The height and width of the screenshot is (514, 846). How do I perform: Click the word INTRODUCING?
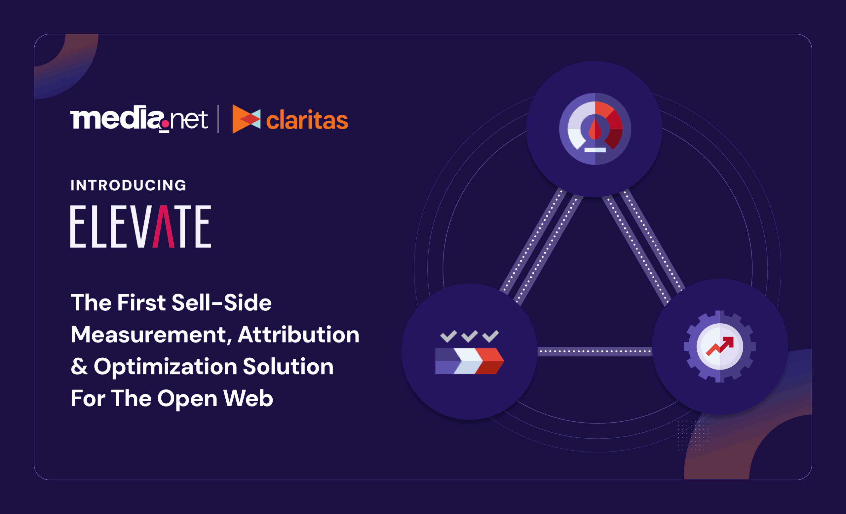pyautogui.click(x=129, y=185)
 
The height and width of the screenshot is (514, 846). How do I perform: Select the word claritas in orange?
pyautogui.click(x=307, y=120)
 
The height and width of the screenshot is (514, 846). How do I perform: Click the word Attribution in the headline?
pyautogui.click(x=298, y=335)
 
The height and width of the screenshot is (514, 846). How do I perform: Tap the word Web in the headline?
pyautogui.click(x=248, y=398)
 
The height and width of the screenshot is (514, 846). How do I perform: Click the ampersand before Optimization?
pyautogui.click(x=79, y=366)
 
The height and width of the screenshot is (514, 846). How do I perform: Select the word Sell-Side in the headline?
pyautogui.click(x=221, y=303)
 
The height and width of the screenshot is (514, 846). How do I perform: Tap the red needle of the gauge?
pyautogui.click(x=595, y=129)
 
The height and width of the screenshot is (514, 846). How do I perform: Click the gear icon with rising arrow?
pyautogui.click(x=720, y=346)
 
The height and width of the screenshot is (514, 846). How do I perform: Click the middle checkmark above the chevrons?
pyautogui.click(x=469, y=336)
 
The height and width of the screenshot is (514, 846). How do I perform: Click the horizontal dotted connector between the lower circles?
pyautogui.click(x=595, y=351)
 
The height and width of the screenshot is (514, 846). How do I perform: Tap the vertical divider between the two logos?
pyautogui.click(x=218, y=119)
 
